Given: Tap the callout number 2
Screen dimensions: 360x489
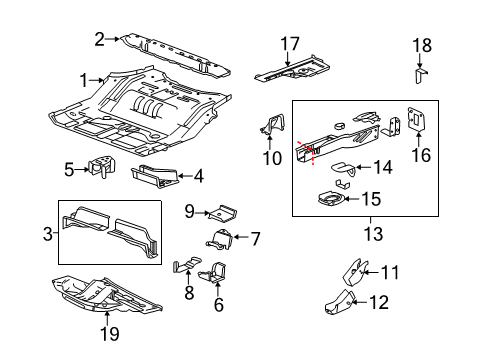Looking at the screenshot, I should tap(100, 39).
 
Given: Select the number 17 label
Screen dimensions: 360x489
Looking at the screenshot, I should tap(290, 43).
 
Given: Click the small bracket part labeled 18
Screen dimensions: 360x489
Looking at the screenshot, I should tap(421, 76).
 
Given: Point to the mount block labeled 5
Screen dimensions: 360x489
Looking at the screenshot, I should tap(101, 167).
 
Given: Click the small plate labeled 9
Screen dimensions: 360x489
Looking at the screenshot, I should tap(222, 213).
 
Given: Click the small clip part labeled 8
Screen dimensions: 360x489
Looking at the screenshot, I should tap(182, 269).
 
